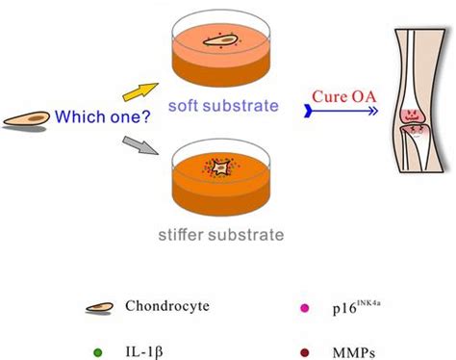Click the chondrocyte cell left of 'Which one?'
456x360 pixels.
[x=26, y=121]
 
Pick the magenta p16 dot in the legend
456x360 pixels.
[x=306, y=308]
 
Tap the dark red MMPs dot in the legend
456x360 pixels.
[x=306, y=339]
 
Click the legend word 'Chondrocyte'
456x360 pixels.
[x=165, y=308]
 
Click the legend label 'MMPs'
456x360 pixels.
[x=352, y=339]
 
